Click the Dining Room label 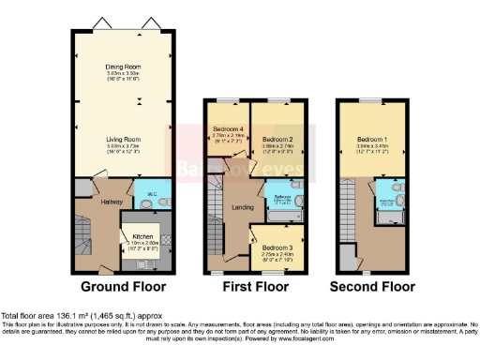point(124,67)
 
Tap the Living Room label point(124,138)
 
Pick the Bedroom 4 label point(228,128)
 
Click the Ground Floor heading point(124,287)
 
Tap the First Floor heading point(256,287)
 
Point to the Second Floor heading point(371,287)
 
